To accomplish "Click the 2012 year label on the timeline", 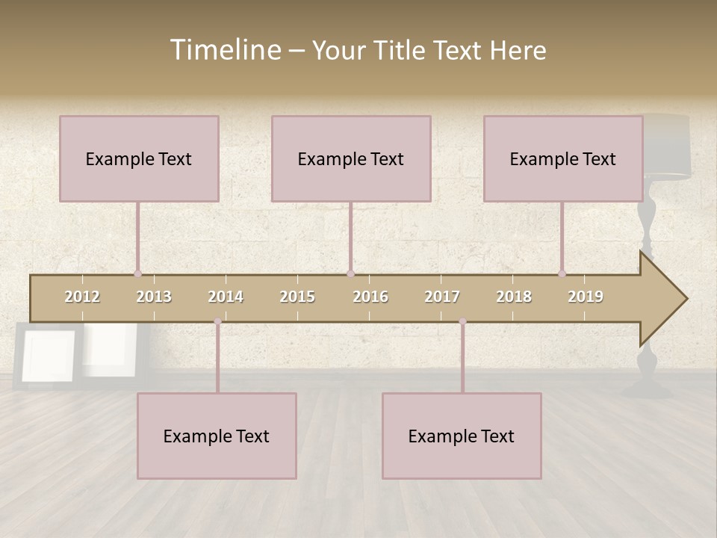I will tap(82, 297).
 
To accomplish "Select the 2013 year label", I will tap(154, 297).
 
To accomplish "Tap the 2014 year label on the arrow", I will tap(226, 297).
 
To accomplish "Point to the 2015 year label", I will tap(297, 297).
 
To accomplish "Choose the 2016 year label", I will tap(370, 297).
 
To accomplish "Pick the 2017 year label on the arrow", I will tap(442, 297).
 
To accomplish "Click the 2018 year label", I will tap(514, 297).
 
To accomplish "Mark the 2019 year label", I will tap(586, 297).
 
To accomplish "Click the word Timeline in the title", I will tap(225, 50).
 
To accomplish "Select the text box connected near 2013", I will tap(139, 158).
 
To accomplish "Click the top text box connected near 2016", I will tap(351, 158).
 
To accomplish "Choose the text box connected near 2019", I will tap(563, 158).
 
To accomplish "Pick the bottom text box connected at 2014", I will tap(217, 436).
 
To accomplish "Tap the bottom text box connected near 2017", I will tap(462, 436).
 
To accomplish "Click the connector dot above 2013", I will tap(138, 273).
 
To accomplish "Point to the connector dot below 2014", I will tap(217, 321).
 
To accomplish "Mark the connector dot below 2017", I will tap(462, 321).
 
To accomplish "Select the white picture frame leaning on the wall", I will tap(49, 355).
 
